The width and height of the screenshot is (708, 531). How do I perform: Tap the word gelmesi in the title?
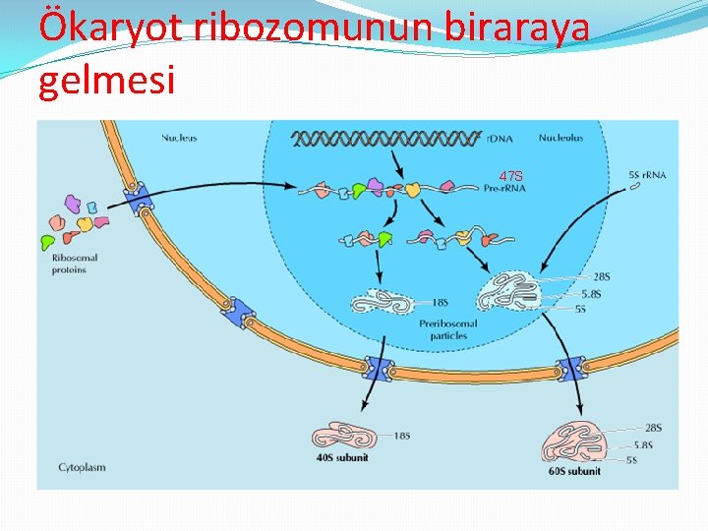coord(106,79)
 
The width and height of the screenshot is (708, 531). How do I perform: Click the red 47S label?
coord(511,176)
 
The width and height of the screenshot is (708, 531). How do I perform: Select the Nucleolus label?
coord(560,138)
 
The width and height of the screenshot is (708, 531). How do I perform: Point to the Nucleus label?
coord(179,138)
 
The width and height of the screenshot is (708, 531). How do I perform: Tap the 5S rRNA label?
coord(646,175)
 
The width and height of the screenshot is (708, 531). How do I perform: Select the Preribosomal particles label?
coord(447,328)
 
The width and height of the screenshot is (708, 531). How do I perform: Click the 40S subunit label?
coord(341,456)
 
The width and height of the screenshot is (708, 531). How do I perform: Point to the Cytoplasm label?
coord(82,467)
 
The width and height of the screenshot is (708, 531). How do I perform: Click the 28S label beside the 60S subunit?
coord(653,428)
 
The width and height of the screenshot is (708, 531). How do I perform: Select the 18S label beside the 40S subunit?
coord(401,436)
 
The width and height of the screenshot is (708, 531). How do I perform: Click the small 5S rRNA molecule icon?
coord(634,191)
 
